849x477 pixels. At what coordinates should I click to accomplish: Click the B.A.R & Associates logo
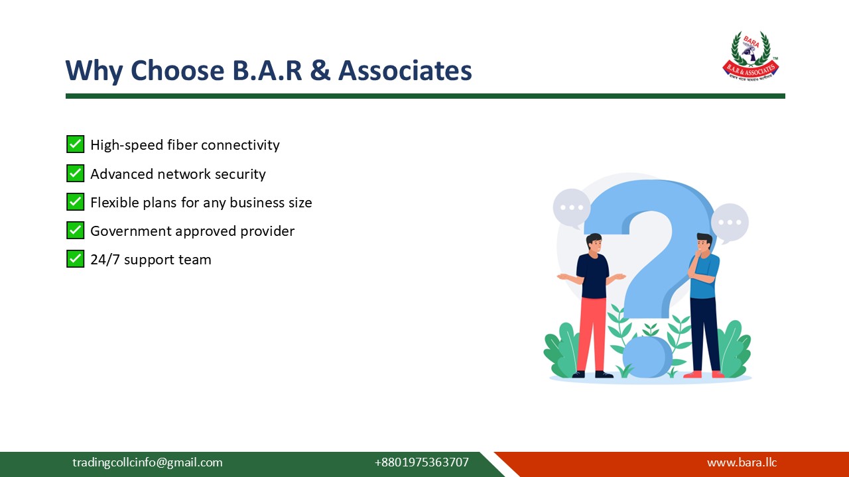tap(750, 56)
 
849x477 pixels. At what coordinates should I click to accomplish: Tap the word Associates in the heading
tap(405, 71)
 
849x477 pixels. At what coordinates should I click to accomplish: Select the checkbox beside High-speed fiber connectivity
tap(76, 144)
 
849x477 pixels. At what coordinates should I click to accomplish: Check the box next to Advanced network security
tap(76, 174)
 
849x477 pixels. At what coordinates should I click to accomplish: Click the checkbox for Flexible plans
tap(76, 202)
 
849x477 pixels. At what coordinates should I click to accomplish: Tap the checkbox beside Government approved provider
tap(76, 231)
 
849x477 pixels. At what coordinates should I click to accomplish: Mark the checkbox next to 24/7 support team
tap(76, 259)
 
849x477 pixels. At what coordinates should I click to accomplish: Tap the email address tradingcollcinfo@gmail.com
tap(147, 462)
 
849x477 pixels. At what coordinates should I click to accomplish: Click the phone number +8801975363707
tap(421, 462)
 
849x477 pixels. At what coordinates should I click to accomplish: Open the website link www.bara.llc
tap(742, 462)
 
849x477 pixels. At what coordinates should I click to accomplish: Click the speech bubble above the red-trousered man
tap(571, 207)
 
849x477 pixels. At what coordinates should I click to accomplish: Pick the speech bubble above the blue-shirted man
tap(730, 223)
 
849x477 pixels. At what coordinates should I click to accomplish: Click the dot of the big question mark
tap(647, 356)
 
